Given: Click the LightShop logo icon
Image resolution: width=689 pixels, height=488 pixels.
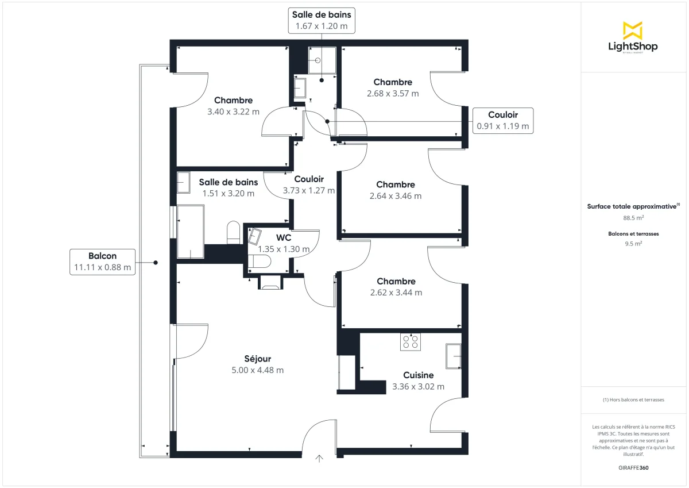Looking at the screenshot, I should tap(633, 30).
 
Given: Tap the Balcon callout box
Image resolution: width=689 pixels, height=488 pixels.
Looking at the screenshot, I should tap(102, 262).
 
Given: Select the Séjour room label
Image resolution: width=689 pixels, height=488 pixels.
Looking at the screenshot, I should tap(257, 359).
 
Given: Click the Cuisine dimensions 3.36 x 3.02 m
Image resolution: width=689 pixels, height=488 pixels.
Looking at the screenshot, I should tap(418, 386).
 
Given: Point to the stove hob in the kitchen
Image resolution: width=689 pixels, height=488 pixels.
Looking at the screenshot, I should tap(411, 342).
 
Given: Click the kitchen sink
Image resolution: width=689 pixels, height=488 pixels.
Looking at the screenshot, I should tap(453, 356).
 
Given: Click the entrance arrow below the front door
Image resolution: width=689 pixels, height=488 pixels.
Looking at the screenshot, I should tap(319, 458).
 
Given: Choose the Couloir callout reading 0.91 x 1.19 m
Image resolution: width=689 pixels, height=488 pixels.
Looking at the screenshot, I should tap(502, 121).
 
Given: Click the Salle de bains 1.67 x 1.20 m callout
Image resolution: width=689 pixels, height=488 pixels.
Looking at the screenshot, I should tap(321, 21).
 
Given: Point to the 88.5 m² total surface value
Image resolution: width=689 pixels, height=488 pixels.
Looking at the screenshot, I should tap(633, 218).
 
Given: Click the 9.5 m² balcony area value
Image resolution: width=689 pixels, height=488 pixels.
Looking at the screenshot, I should tap(633, 243).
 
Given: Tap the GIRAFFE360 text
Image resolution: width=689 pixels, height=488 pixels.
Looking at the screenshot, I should tap(633, 468).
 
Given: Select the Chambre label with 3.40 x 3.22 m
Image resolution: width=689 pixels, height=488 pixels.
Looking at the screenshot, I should tap(233, 101).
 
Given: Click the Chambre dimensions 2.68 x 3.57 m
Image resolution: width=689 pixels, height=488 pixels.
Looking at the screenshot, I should tap(393, 93).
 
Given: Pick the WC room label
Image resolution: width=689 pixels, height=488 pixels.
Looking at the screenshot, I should tap(284, 237).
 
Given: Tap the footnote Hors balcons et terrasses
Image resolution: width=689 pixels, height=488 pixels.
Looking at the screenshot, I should tap(633, 399).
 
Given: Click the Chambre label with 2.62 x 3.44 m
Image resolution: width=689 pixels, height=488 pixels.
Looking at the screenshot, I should tap(396, 281).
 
